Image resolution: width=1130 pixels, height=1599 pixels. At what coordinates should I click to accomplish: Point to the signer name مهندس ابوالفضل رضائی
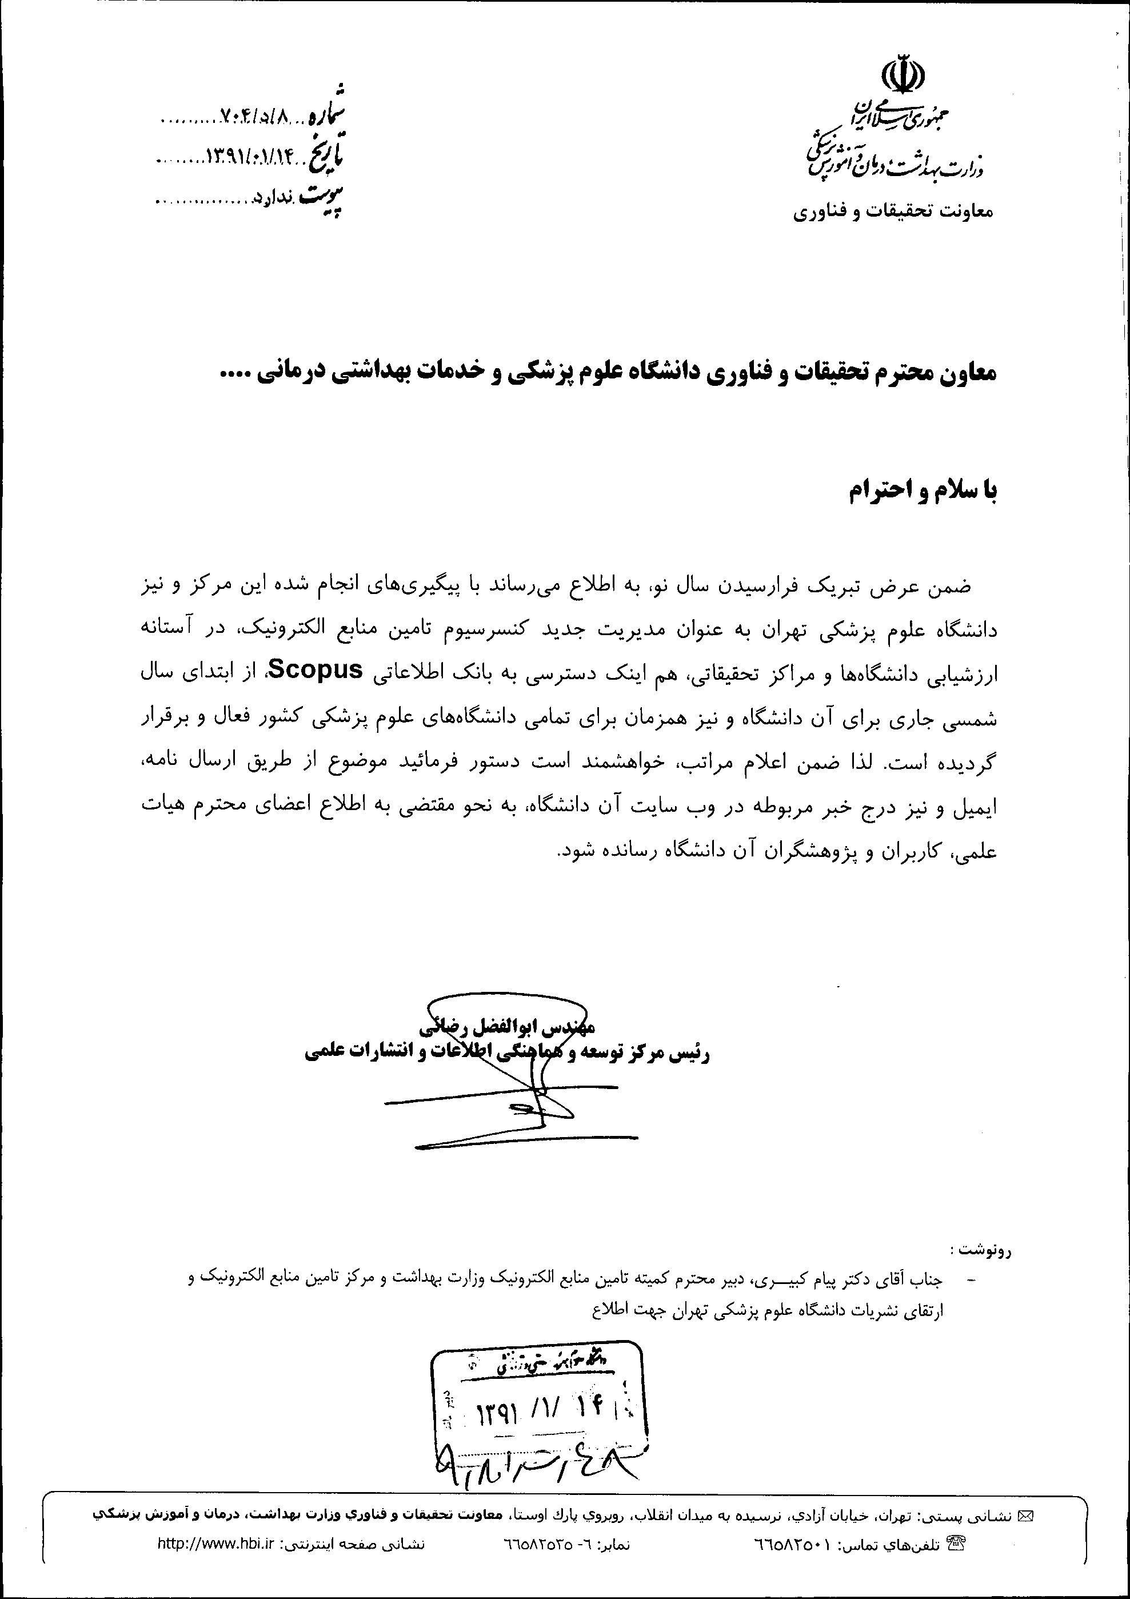tap(507, 1027)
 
